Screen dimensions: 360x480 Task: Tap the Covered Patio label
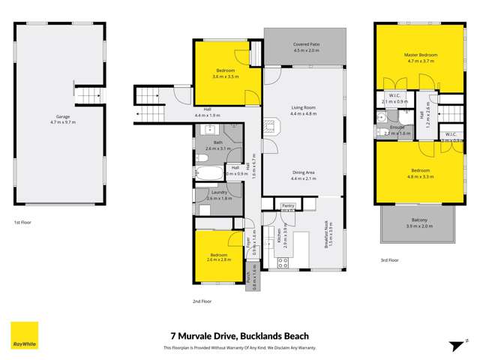[x=304, y=46]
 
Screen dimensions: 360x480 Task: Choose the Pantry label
[x=288, y=204]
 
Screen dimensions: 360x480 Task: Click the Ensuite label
[x=397, y=127]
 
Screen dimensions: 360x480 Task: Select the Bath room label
[x=218, y=142]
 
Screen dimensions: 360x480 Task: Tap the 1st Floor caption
[x=22, y=223]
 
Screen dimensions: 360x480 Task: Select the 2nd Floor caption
[x=202, y=301]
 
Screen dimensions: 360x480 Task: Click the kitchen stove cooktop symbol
[x=283, y=262]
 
